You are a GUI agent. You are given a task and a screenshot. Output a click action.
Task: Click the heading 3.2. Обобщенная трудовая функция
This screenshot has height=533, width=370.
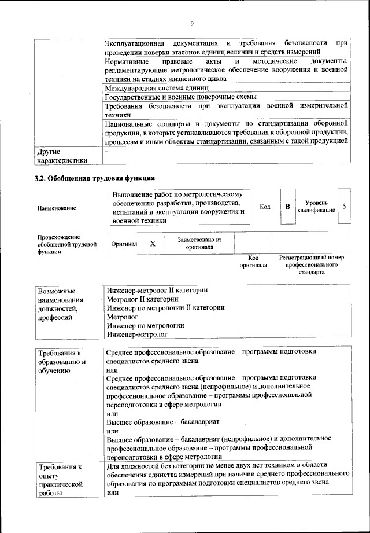pyautogui.click(x=95, y=178)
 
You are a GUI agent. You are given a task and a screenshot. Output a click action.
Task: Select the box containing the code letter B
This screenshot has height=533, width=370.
pyautogui.click(x=287, y=206)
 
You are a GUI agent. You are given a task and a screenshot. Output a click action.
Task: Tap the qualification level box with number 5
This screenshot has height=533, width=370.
pyautogui.click(x=344, y=206)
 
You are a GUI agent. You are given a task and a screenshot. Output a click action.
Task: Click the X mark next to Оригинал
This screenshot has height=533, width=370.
pyautogui.click(x=153, y=244)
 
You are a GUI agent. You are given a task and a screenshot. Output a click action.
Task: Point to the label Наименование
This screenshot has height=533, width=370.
pyautogui.click(x=57, y=207)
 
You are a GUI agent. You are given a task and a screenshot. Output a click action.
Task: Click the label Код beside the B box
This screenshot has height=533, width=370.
pyautogui.click(x=265, y=207)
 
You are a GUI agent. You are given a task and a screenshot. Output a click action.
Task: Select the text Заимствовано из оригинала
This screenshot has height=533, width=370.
pyautogui.click(x=199, y=242)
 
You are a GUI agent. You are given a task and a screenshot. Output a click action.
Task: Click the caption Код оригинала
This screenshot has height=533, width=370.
pyautogui.click(x=253, y=262)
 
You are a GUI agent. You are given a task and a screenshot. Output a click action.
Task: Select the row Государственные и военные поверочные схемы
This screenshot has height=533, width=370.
pyautogui.click(x=181, y=97)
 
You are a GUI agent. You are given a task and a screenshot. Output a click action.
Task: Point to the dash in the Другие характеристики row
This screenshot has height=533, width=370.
pyautogui.click(x=107, y=152)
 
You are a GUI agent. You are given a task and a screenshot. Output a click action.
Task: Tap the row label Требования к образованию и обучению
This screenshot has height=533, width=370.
pyautogui.click(x=62, y=362)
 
